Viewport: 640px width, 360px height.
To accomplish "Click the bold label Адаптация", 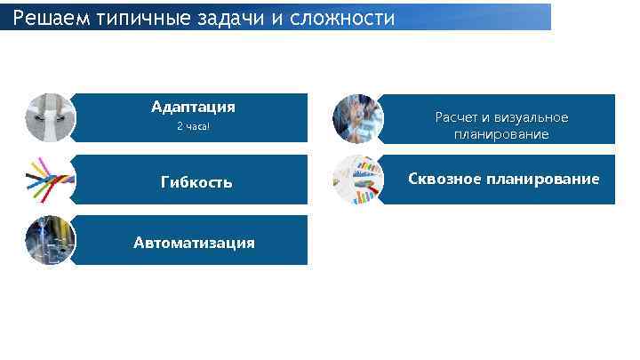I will tap(193, 108).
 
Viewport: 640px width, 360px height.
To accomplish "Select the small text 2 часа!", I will tap(193, 127).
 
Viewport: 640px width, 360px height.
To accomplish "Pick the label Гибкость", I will tap(196, 182).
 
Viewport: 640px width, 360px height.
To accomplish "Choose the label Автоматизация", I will tap(194, 243).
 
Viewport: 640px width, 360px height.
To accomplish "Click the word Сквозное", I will tap(444, 180).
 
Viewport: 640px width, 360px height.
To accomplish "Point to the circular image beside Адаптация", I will tap(51, 118).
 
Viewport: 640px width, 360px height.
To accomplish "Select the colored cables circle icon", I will tap(51, 180).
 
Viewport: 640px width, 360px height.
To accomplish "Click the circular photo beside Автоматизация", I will tap(51, 240).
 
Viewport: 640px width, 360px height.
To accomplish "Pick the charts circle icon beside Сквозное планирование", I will tap(357, 180).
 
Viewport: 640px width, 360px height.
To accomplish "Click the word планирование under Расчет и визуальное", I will tap(501, 135).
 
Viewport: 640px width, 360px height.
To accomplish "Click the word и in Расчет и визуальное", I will tap(486, 118).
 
